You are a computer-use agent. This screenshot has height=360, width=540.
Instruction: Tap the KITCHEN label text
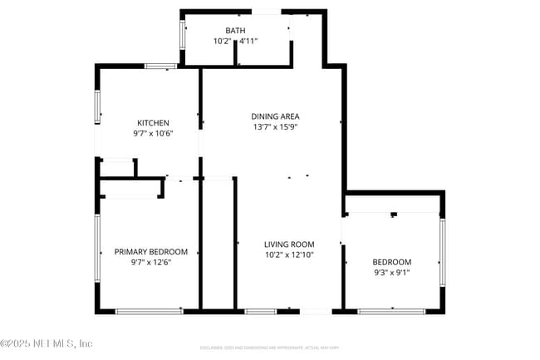(153, 122)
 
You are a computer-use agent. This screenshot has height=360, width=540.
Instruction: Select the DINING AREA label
(275, 116)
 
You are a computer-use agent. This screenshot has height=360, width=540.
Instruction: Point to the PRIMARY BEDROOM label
(150, 252)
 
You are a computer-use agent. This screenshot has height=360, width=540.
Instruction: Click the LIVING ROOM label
(287, 244)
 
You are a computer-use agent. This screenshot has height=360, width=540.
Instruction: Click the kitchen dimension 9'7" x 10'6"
(153, 133)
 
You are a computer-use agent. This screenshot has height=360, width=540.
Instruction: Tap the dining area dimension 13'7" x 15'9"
(275, 127)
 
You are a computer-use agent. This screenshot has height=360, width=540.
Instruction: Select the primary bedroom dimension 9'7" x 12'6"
(150, 263)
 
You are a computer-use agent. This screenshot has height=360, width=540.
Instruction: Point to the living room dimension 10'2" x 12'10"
(287, 255)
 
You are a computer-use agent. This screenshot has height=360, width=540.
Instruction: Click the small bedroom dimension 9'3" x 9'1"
(392, 272)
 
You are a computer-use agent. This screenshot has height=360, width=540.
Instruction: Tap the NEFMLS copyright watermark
(47, 343)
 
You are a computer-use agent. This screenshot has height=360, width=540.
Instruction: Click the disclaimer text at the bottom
(270, 347)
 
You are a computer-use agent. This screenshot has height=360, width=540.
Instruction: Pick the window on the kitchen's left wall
(96, 107)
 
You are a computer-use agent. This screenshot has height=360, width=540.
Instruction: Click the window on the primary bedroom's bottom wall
(149, 311)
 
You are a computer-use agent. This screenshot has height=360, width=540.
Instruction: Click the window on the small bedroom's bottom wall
(391, 311)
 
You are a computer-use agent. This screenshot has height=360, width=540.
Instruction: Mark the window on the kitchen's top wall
(160, 66)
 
